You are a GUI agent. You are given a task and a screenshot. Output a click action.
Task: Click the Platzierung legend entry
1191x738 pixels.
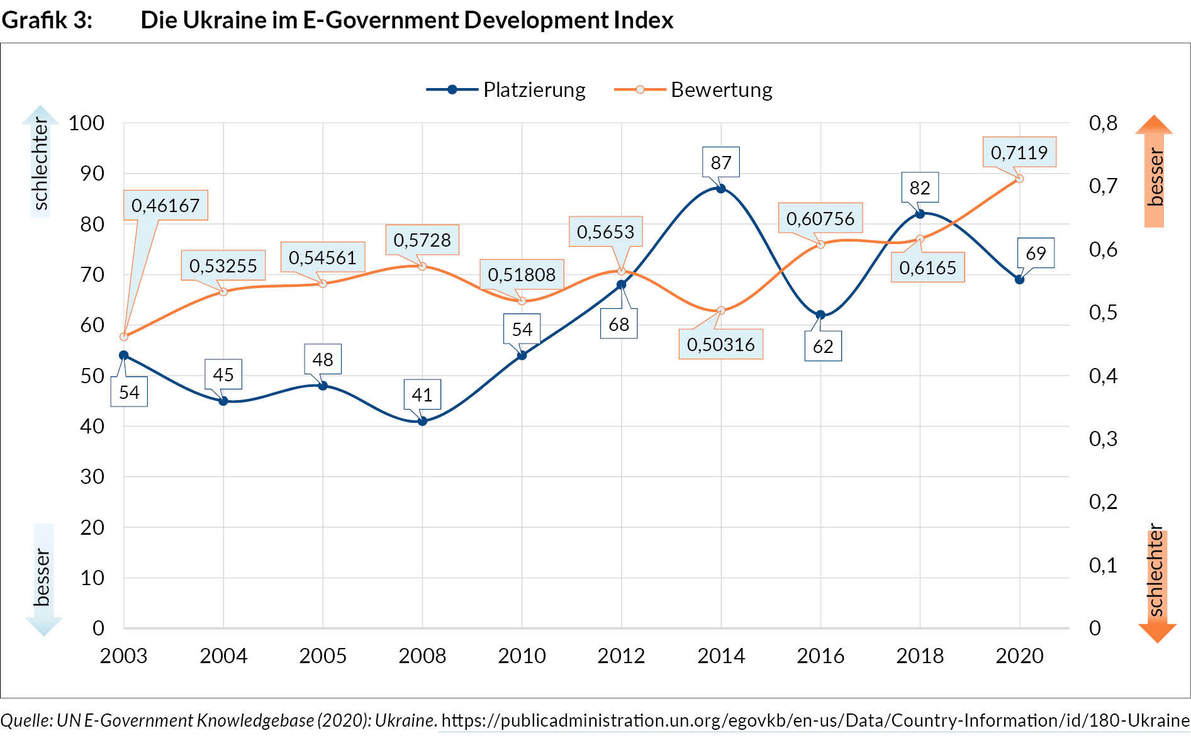point(506,90)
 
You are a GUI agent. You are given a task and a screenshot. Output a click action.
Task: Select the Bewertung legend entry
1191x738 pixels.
point(693,90)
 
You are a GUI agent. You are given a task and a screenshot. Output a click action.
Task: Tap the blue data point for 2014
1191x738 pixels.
point(721,188)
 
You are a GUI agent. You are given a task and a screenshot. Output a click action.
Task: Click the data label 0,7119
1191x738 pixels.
point(1019,152)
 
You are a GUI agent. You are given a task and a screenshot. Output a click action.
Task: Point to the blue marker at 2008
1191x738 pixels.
point(422,421)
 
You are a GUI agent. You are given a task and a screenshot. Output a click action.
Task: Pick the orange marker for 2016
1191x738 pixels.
point(820,244)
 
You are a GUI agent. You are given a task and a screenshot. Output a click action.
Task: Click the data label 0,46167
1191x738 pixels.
point(165,205)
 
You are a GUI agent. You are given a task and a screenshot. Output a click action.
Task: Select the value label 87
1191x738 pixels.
point(721,162)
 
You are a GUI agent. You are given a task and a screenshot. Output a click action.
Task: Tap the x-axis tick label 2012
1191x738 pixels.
point(621,656)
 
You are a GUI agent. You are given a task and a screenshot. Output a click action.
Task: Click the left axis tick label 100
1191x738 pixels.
point(86,123)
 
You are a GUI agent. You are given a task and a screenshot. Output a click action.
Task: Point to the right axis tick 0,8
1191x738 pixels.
point(1103,123)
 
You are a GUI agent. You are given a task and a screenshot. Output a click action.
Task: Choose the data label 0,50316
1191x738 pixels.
point(721,344)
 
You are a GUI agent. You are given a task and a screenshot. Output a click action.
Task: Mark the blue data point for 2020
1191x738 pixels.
point(1019,279)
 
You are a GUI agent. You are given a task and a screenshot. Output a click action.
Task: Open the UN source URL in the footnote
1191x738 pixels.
point(815,720)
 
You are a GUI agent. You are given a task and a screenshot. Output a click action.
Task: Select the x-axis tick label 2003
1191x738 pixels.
point(123,656)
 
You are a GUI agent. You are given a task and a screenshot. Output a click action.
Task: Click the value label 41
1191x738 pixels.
point(422,394)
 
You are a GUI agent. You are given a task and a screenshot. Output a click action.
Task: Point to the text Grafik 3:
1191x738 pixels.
point(47,20)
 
